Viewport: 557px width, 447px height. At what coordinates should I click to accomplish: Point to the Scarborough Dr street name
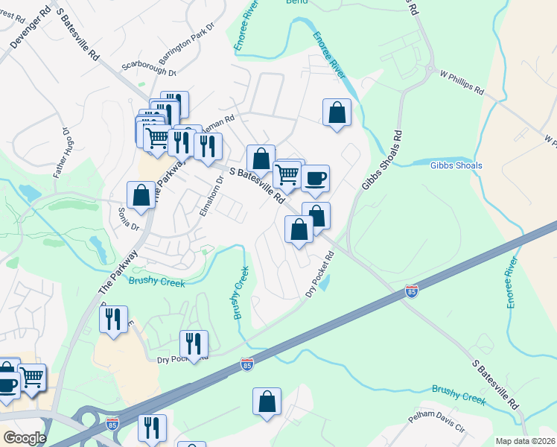click(148, 69)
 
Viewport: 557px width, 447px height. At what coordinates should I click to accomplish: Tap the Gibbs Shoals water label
click(456, 165)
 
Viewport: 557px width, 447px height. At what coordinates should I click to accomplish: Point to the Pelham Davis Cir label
click(439, 426)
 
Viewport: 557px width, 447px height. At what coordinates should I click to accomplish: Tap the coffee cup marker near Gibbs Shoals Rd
click(316, 178)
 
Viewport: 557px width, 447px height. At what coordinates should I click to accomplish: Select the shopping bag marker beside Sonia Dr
click(141, 196)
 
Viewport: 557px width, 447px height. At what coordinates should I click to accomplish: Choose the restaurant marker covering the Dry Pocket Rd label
click(194, 344)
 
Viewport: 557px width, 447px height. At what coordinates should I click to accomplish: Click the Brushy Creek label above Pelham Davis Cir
click(458, 395)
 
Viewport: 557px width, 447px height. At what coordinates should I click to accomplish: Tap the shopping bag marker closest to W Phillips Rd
click(337, 113)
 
